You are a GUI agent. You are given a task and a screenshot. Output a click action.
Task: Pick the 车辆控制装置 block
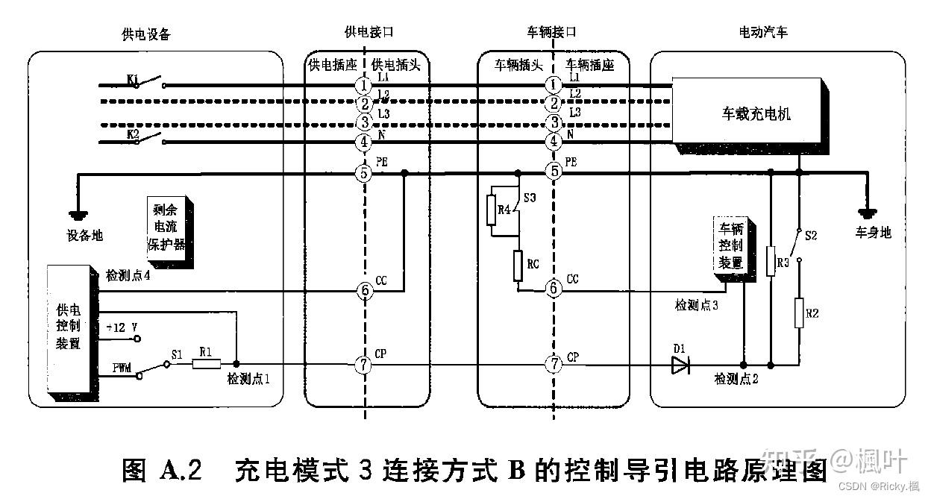coord(730,245)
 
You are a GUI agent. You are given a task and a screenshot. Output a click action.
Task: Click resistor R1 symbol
coord(207,363)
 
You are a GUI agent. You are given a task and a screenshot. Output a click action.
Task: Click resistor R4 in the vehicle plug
coord(492,211)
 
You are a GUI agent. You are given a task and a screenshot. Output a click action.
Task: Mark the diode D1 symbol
coord(680,365)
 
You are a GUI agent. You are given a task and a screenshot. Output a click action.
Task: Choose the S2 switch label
coord(812,236)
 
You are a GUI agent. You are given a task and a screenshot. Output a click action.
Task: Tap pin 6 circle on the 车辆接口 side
coord(553,288)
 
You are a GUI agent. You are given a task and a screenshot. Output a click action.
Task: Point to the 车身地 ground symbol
coord(868,207)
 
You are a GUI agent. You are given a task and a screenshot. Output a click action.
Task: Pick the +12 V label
coord(122,328)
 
